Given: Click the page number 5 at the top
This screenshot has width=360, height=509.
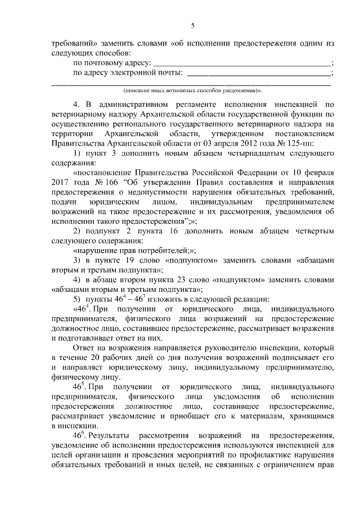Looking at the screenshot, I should click(192, 25).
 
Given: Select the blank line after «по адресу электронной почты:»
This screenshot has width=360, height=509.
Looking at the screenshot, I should click(258, 74).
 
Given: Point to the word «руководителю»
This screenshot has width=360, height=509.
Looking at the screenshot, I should click(237, 348).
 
